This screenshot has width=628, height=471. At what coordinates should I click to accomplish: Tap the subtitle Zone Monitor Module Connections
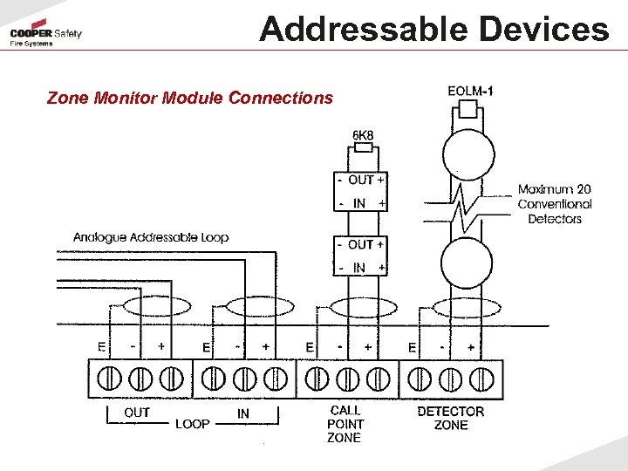coord(190,98)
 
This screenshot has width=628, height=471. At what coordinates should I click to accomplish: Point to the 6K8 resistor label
coord(363,135)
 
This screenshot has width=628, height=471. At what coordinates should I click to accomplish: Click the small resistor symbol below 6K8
coord(363,148)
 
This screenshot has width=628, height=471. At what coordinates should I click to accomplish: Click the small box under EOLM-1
coord(468,109)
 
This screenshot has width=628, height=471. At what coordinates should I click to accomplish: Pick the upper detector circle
coord(468,154)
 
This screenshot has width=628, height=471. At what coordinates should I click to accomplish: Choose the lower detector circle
coord(468,259)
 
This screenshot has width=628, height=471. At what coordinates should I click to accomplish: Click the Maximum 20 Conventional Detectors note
coord(555,203)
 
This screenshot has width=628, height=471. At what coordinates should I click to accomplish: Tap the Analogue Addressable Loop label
coord(151,237)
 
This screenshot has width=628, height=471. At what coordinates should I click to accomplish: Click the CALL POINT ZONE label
coord(345,424)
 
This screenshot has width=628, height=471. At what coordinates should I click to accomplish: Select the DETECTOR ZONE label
coord(451,418)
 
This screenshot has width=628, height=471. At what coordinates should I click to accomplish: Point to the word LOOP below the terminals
coord(193,424)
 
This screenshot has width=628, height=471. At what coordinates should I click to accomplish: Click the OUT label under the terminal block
coord(137,412)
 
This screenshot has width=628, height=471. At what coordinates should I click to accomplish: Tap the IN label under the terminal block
coord(243,413)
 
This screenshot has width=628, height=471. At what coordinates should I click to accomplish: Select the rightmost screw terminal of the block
coord(480,379)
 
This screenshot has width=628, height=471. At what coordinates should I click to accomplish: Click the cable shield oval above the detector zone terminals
coord(466,308)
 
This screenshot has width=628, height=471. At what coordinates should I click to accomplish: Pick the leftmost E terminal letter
coord(102,346)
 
